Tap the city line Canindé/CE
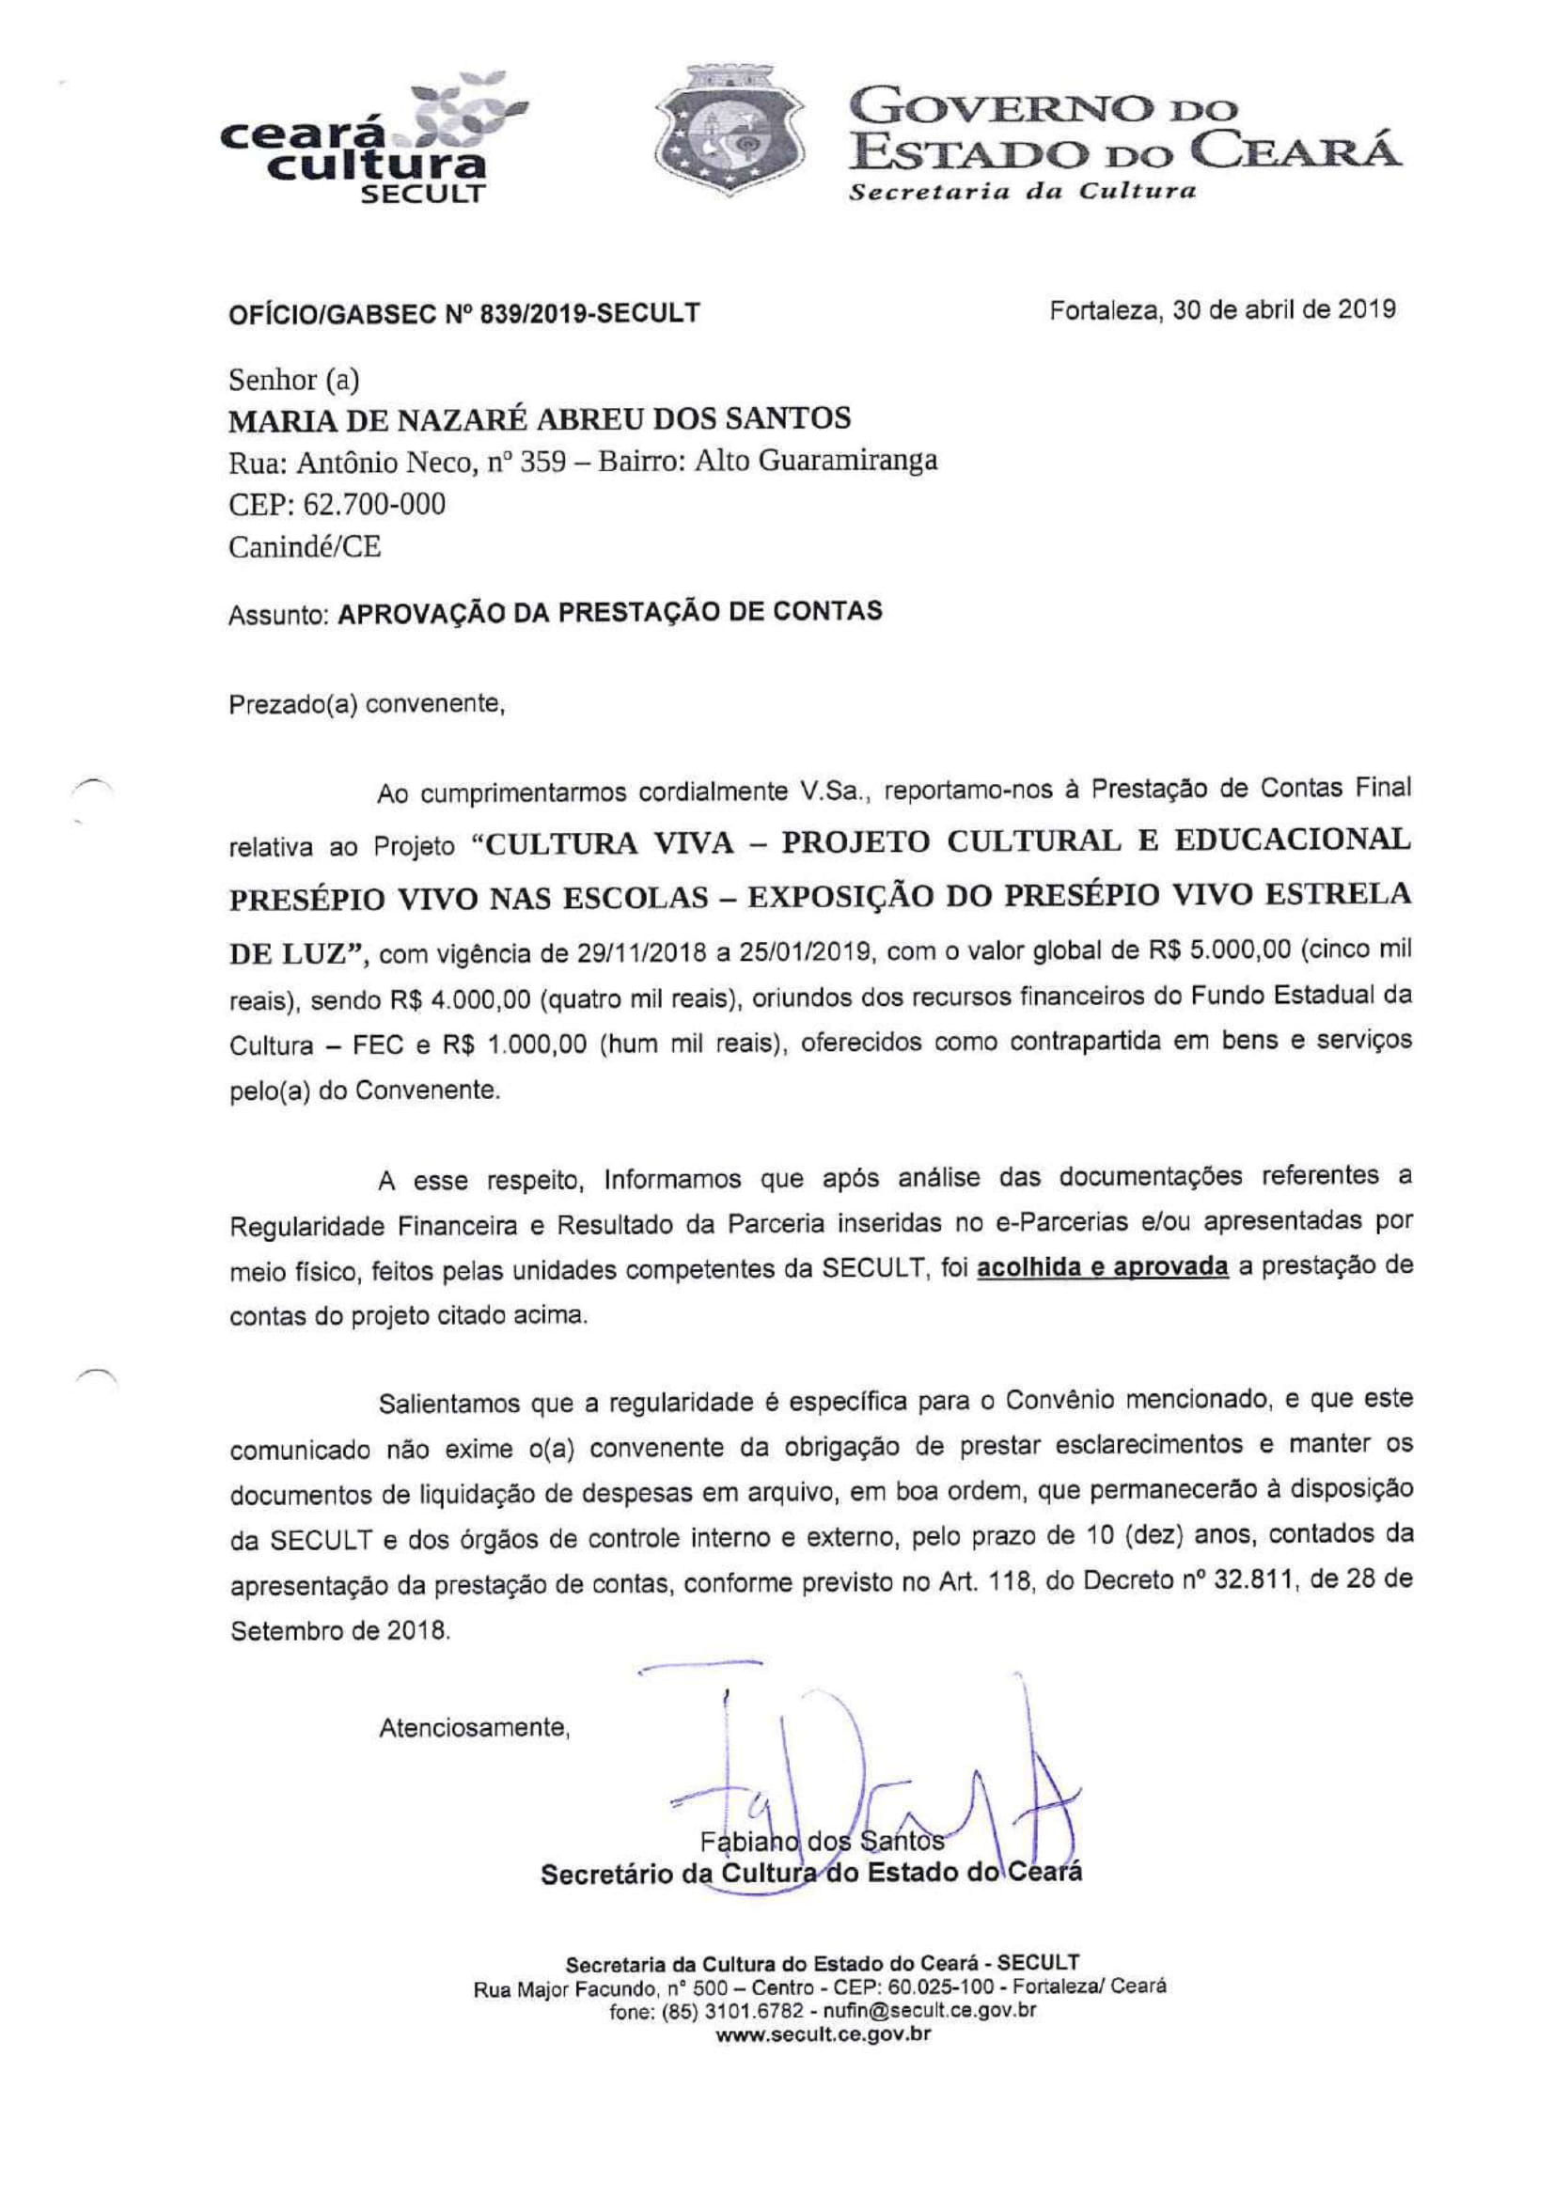[305, 546]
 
